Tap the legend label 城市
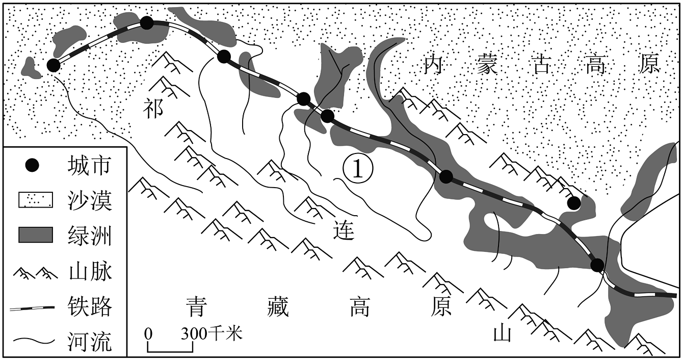(x=89, y=166)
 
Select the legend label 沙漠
(x=89, y=201)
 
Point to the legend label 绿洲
(x=89, y=236)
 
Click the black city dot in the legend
(x=32, y=166)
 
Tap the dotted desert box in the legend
(x=36, y=199)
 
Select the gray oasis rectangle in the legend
(x=36, y=235)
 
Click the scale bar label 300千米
(x=212, y=334)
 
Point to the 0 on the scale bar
(x=148, y=334)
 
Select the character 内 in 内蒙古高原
(x=434, y=64)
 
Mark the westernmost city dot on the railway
(x=54, y=65)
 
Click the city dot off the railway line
(x=573, y=203)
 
